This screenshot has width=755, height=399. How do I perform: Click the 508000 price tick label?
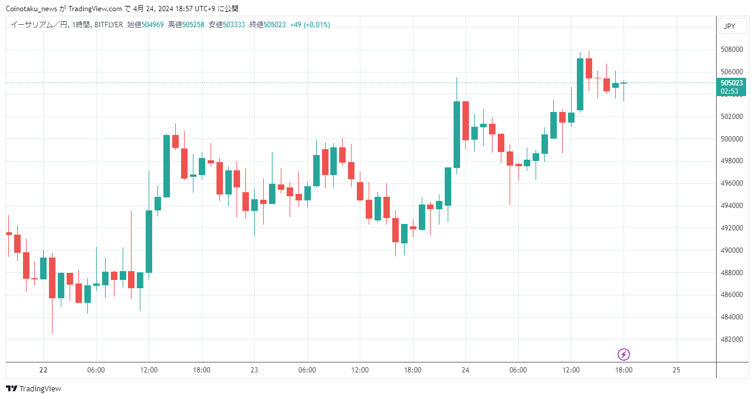731,50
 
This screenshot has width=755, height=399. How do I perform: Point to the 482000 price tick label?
731,339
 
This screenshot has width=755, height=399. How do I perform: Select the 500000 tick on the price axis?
731,139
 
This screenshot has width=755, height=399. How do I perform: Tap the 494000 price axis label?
731,206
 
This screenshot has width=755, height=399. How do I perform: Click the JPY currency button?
730,27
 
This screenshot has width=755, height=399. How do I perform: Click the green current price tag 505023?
731,87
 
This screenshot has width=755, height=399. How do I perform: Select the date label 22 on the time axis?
43,370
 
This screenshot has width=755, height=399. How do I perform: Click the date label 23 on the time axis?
254,370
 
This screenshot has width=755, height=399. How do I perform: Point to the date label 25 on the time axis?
676,370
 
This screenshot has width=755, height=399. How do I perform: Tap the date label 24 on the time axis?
465,370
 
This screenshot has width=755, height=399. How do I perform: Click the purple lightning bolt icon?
623,355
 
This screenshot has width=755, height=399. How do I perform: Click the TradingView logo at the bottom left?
34,388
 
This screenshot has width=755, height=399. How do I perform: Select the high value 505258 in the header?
193,25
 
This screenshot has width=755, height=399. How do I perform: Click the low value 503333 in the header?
234,25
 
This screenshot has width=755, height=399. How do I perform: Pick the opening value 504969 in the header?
152,25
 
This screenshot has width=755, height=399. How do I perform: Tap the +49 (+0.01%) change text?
310,25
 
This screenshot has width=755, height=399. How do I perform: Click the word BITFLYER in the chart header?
109,25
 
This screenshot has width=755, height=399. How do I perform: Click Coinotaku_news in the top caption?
31,9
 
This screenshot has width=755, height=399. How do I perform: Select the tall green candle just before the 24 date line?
457,135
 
